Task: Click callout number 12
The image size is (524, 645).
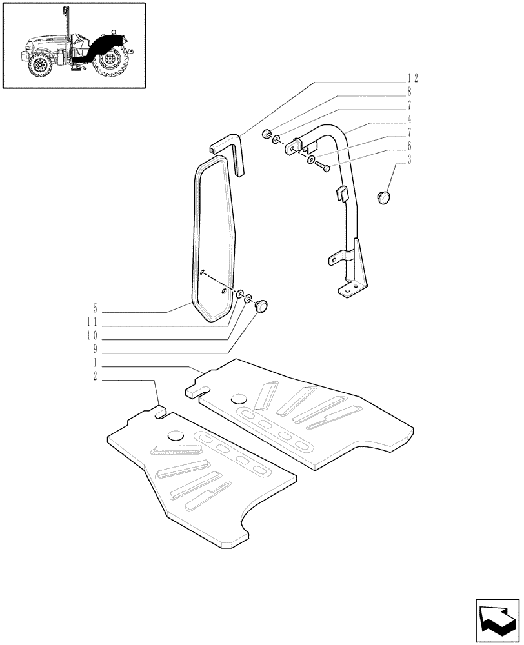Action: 412,78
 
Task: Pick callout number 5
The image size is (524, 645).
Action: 95,307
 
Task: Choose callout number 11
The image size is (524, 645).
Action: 94,321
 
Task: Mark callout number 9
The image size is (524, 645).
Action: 95,348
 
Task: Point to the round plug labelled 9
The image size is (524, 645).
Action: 262,306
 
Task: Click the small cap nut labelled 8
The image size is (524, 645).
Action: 265,134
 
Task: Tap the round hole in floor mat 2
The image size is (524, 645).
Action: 176,436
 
